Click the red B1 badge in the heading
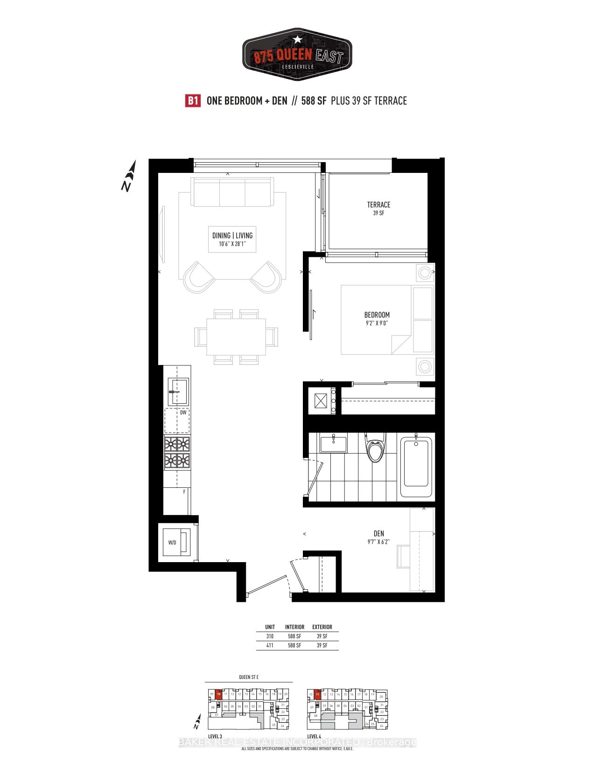[193, 101]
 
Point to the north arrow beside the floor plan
[129, 176]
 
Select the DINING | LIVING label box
[232, 239]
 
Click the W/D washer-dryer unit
[177, 542]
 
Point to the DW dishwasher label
[183, 413]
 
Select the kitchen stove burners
[177, 453]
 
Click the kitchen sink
[178, 392]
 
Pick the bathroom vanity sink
[333, 443]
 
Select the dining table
[236, 337]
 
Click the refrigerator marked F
[177, 501]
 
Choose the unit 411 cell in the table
[270, 645]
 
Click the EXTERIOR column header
[322, 627]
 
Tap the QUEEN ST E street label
[249, 677]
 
